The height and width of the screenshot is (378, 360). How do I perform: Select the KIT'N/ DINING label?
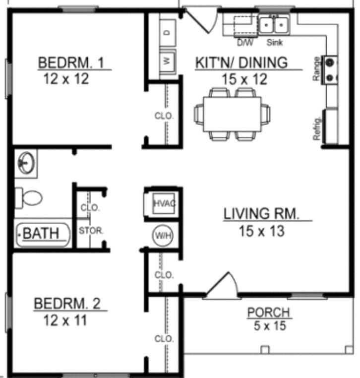241,63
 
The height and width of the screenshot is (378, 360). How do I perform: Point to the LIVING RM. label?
262,214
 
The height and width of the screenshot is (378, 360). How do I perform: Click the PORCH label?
268,313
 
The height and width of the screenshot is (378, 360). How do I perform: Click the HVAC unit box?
162,203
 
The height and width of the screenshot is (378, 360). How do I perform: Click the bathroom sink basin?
25,162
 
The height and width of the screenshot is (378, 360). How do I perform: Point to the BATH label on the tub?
41,233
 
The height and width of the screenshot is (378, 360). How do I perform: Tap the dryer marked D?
167,32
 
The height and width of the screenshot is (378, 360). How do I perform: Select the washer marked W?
167,62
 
